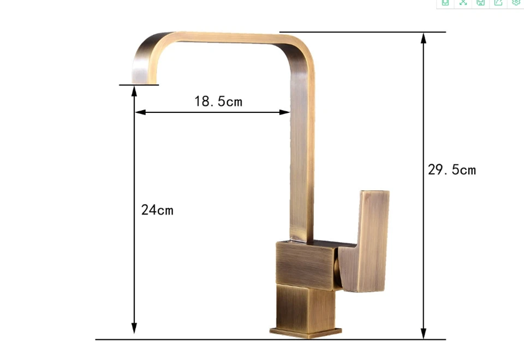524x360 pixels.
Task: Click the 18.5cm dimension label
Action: point(218,101)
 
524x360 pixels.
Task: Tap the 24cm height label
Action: point(157,210)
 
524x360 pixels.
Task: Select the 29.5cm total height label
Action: point(452,170)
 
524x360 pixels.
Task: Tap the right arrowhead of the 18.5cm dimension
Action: point(284,112)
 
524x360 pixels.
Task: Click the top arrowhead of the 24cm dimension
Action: point(134,91)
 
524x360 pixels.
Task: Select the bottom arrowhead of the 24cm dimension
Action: point(134,328)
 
